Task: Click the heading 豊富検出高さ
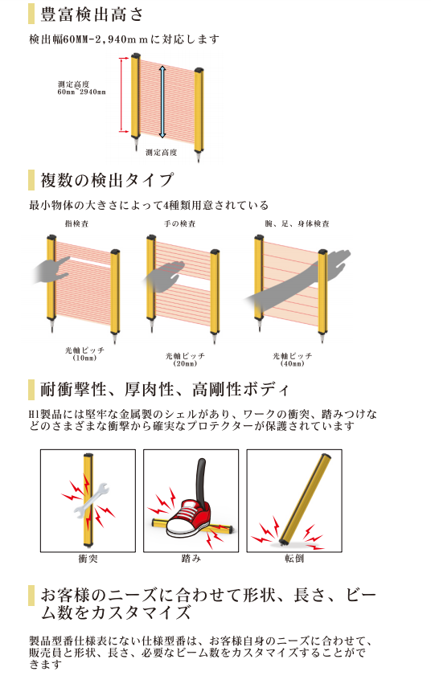[x=92, y=14]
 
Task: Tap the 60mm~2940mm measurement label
[x=82, y=92]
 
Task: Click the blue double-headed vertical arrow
[x=162, y=102]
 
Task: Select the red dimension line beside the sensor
[x=122, y=94]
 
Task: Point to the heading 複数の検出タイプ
[x=107, y=180]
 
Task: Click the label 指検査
[x=77, y=223]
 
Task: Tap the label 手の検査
[x=180, y=223]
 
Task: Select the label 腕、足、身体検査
[x=298, y=223]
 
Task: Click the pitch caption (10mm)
[x=84, y=358]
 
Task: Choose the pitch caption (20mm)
[x=185, y=364]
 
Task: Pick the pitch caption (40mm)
[x=293, y=364]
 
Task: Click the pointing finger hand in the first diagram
[x=51, y=271]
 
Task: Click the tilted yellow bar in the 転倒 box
[x=305, y=499]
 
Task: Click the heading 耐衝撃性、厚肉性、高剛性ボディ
[x=165, y=390]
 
